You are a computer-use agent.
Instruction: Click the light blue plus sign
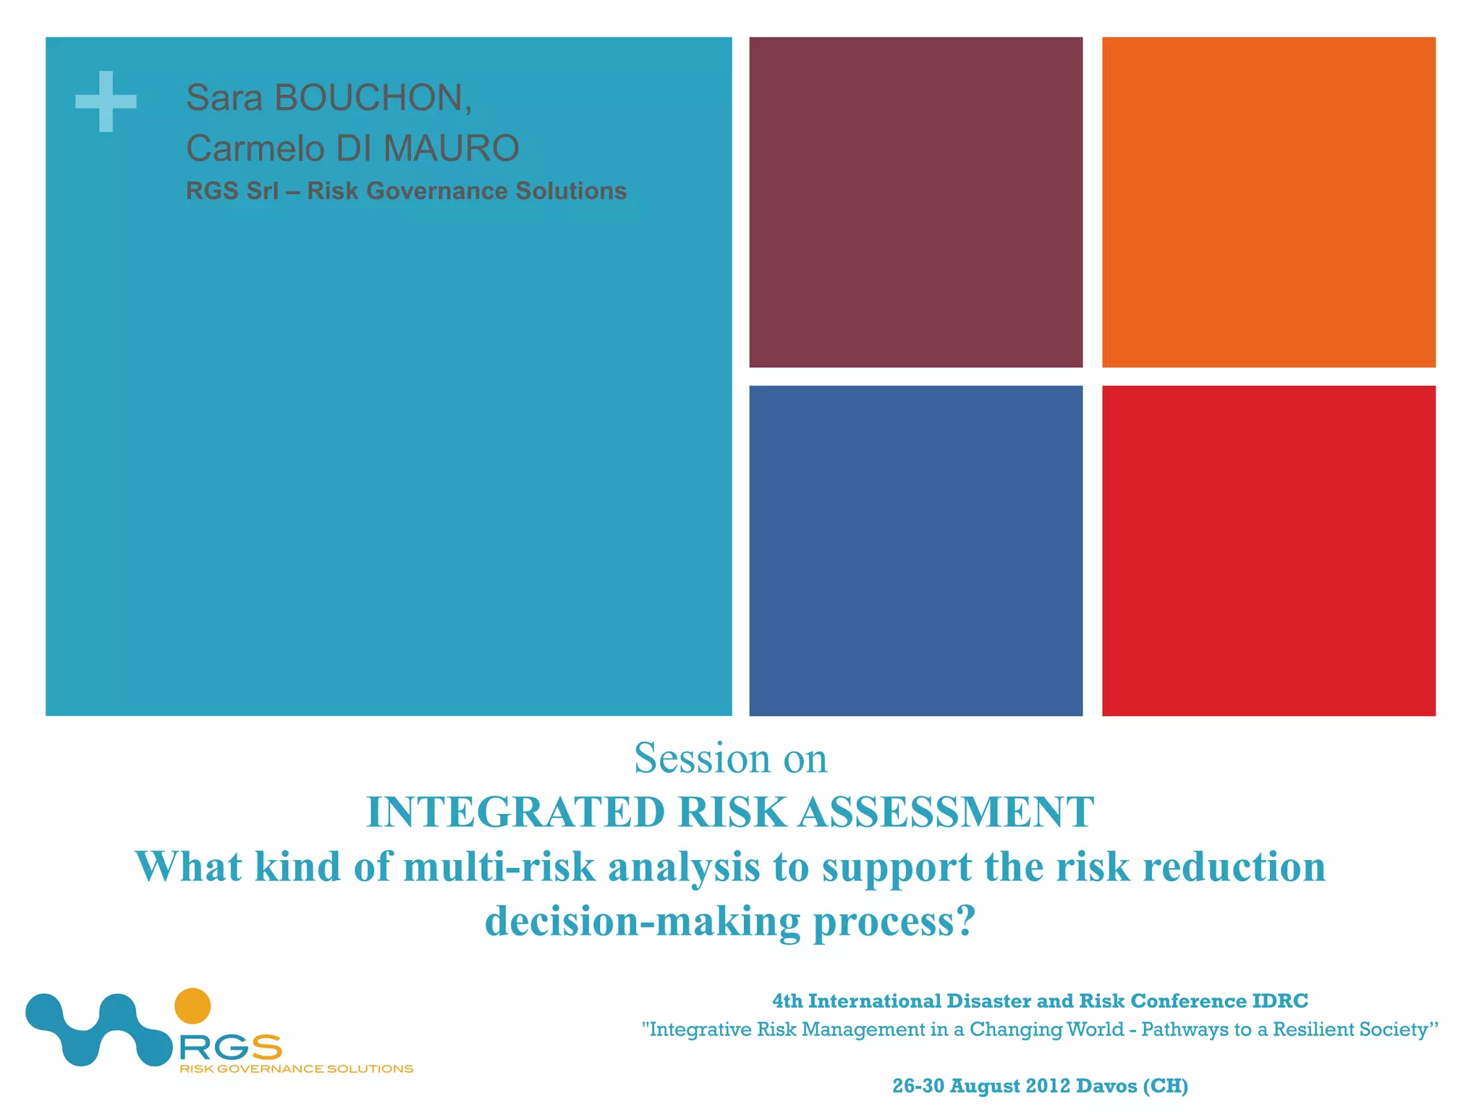point(106,101)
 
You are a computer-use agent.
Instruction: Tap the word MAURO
point(451,148)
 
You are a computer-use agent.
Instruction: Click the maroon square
point(915,202)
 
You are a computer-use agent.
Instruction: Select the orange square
point(1268,202)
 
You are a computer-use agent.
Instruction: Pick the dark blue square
point(915,550)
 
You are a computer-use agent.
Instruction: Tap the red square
point(1268,550)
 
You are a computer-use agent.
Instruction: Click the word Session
point(702,759)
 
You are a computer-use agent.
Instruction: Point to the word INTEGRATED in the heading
point(515,812)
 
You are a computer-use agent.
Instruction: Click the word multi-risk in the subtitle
point(499,867)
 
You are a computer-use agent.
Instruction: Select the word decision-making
point(642,922)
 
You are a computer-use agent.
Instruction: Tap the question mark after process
point(966,922)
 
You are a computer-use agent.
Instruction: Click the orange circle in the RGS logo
point(192,1006)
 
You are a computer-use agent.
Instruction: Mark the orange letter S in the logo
point(266,1047)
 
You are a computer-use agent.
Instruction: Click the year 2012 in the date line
point(1046,1086)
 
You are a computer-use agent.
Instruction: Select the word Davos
point(1106,1086)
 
